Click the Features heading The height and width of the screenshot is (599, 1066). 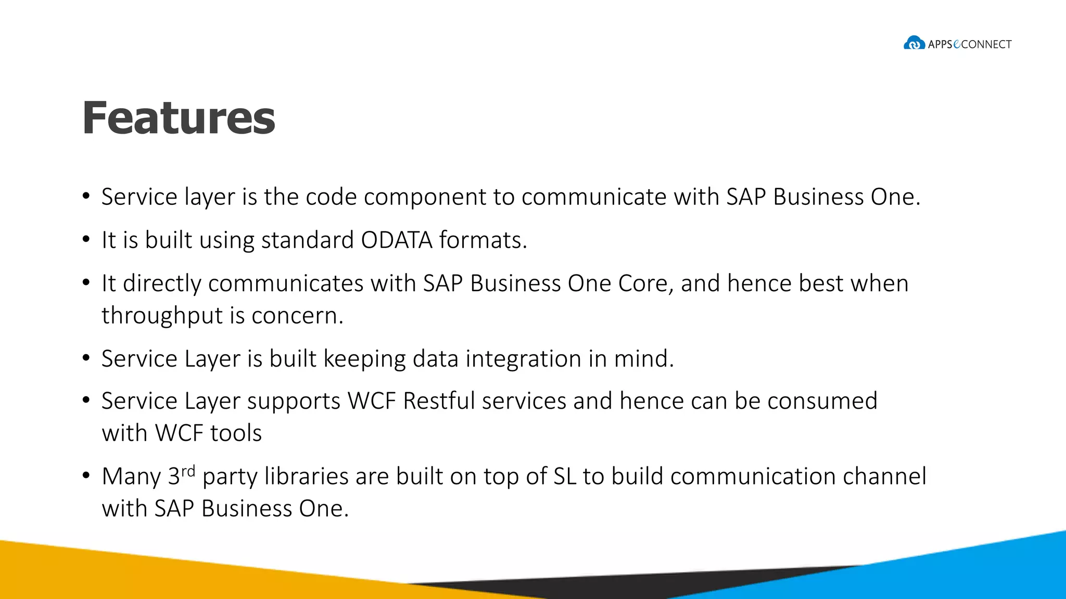click(179, 118)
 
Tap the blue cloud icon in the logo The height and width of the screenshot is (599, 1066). click(914, 43)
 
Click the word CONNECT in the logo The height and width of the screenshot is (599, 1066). click(986, 45)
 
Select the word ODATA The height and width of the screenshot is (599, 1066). click(397, 240)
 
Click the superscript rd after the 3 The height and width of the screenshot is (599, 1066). click(188, 471)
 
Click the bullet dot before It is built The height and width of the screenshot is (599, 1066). click(86, 240)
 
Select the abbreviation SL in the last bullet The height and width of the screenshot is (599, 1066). click(564, 476)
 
